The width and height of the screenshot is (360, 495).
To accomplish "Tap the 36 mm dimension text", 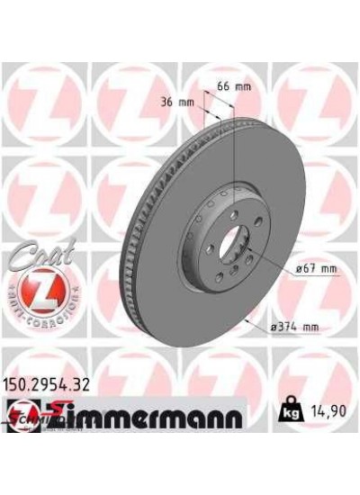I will tap(181, 101).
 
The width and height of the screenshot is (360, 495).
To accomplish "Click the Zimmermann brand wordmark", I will tap(153, 417).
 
